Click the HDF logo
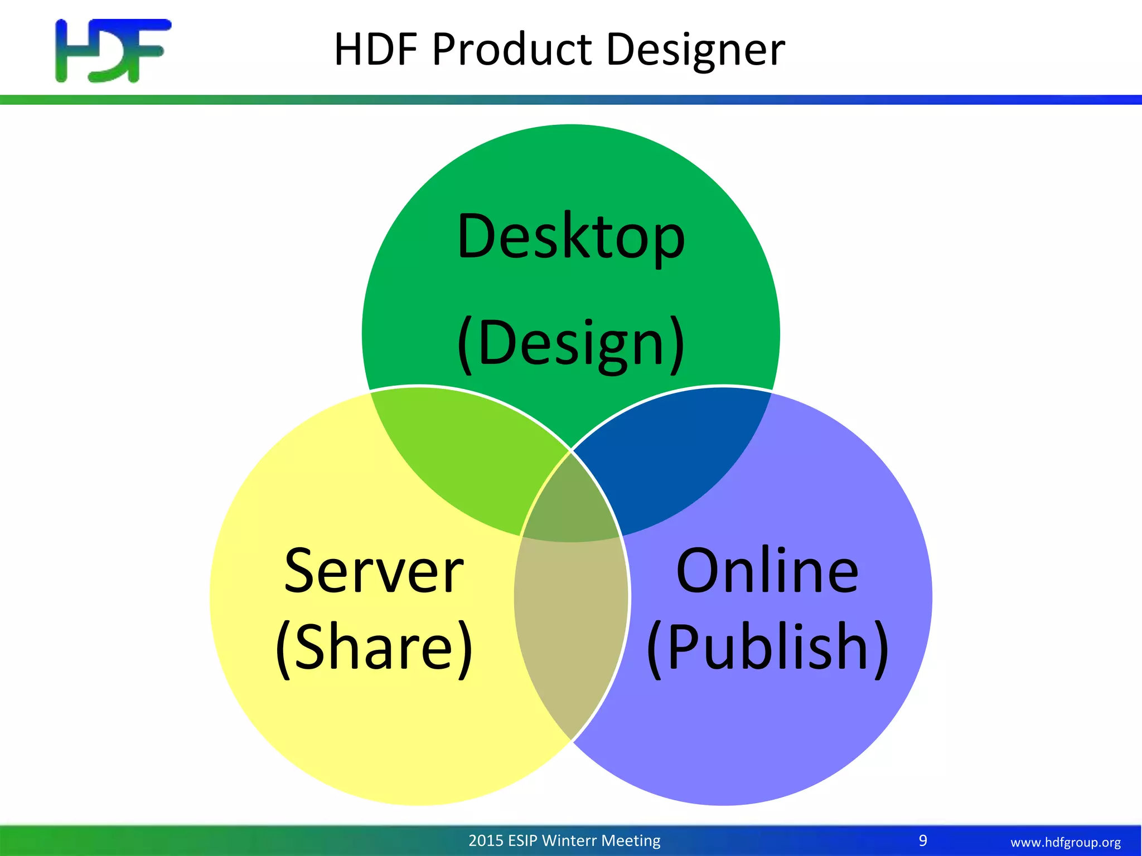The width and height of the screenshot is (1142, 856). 113,51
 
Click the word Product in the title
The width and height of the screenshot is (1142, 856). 512,50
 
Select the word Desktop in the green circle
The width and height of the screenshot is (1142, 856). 570,237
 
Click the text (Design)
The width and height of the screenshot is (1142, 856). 570,343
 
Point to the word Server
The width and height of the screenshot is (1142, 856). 374,571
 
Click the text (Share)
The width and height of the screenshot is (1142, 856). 374,648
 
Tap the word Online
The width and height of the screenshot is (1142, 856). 767,571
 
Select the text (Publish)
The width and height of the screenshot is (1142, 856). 767,648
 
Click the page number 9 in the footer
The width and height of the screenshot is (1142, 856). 923,840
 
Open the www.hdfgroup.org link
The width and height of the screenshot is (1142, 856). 1065,842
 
